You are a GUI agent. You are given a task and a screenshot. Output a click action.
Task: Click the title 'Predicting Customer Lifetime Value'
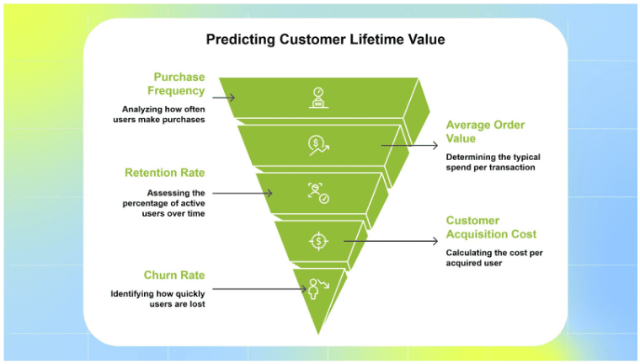coord(325,40)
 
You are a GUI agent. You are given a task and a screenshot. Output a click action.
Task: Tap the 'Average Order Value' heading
coord(485,131)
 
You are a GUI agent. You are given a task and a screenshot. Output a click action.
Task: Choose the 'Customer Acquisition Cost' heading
coord(490,227)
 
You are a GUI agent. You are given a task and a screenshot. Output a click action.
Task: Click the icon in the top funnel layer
coord(317,97)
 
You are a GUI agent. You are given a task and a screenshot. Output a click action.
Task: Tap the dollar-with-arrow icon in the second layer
coord(317,146)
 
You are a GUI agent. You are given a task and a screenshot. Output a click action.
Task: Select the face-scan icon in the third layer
coord(317,193)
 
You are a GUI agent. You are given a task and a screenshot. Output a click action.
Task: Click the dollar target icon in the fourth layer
coord(317,241)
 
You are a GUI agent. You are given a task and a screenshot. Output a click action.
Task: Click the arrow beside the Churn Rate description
coord(262,289)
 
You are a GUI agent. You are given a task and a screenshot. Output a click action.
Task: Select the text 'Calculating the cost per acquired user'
coord(490,258)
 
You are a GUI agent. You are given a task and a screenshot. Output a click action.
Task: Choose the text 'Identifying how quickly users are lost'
coord(158,299)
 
